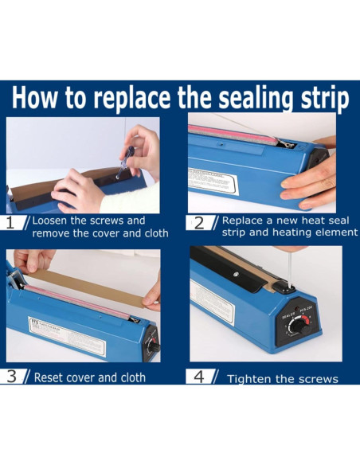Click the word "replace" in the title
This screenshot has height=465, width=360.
(131, 97)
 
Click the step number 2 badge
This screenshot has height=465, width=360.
(199, 223)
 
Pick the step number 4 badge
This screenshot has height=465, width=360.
(199, 377)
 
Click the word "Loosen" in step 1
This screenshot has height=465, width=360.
(49, 221)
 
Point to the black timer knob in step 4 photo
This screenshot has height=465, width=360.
(299, 327)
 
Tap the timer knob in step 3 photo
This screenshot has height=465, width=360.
(153, 347)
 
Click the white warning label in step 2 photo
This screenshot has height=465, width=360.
(213, 182)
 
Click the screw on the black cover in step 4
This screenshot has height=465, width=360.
(236, 275)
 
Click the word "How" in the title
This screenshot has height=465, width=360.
(34, 97)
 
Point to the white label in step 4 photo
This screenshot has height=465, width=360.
(212, 302)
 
